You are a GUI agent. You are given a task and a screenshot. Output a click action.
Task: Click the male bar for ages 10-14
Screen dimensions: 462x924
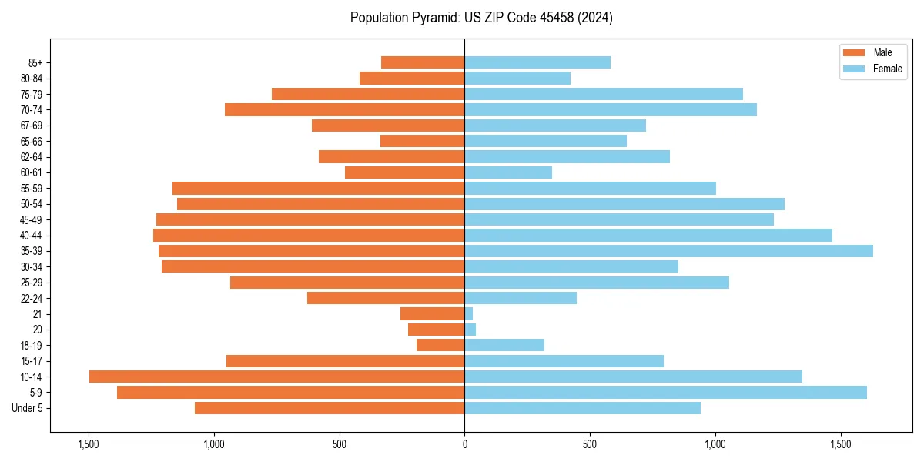click(276, 377)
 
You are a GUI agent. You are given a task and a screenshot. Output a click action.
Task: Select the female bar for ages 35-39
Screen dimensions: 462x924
click(668, 251)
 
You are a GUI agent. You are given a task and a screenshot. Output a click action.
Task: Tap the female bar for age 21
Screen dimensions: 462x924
click(468, 314)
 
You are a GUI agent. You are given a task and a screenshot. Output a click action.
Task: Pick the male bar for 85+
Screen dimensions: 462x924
click(423, 62)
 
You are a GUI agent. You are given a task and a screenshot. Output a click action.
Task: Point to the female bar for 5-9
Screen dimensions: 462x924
click(665, 393)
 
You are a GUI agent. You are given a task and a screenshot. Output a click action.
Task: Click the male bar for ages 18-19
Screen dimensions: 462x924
click(440, 345)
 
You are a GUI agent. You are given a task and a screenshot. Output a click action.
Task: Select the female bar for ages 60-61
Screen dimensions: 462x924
click(508, 172)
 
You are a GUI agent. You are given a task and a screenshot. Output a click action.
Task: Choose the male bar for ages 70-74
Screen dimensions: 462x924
click(344, 109)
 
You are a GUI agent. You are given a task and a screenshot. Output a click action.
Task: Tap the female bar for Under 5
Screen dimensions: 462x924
click(582, 408)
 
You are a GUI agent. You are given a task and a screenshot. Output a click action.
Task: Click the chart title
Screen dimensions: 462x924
click(481, 18)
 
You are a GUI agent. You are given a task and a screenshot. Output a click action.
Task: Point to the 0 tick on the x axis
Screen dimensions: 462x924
click(464, 444)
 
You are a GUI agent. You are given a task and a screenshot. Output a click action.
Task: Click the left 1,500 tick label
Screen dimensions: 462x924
click(89, 444)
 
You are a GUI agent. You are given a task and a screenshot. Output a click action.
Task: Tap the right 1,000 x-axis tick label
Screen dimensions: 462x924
click(715, 444)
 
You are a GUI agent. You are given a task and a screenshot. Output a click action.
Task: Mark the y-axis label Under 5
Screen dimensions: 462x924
click(28, 408)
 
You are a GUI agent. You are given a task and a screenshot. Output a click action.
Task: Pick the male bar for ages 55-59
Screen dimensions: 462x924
click(318, 188)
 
